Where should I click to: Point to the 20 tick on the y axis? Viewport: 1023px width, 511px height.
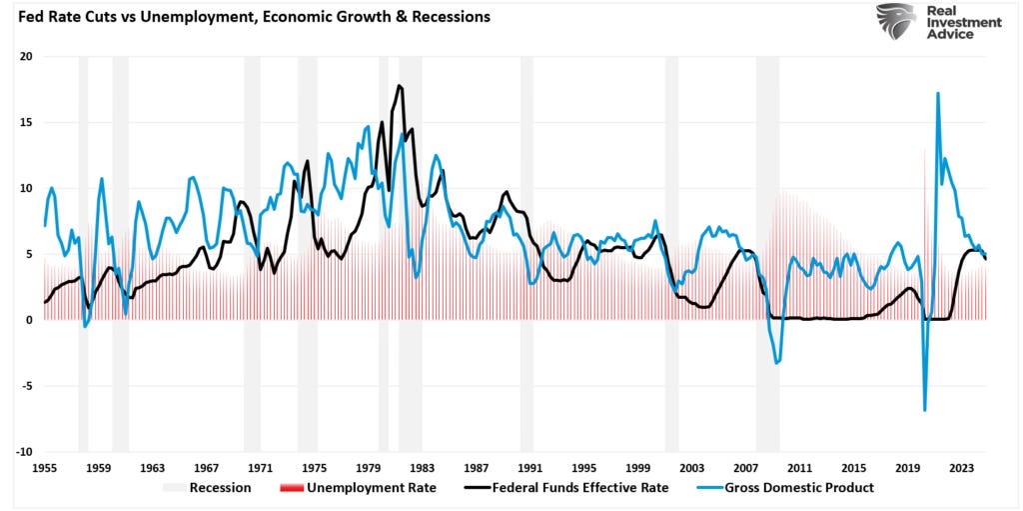coord(26,57)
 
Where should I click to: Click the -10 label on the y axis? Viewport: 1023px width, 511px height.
coord(24,452)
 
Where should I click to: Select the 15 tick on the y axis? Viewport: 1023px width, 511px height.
coord(26,123)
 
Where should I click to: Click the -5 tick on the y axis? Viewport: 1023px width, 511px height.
coord(26,386)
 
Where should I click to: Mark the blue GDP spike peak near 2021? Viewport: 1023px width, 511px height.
coord(938,93)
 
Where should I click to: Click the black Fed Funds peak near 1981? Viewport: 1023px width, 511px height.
coord(400,86)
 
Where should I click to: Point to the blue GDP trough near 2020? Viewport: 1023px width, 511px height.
coord(925,409)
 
